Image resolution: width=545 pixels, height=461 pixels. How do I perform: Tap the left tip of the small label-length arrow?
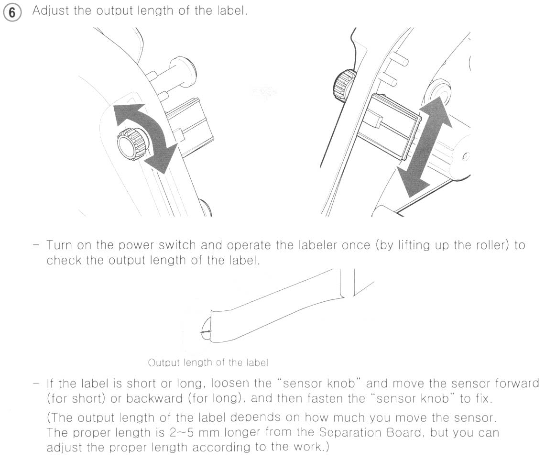pyautogui.click(x=201, y=333)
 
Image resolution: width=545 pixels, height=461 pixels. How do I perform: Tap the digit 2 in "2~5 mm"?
pyautogui.click(x=174, y=433)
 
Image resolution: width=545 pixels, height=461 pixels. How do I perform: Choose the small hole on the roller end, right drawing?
pyautogui.click(x=465, y=157)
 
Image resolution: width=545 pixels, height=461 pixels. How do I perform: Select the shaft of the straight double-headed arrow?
pyautogui.click(x=425, y=147)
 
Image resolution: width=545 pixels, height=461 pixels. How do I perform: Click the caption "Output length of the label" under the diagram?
pyautogui.click(x=208, y=362)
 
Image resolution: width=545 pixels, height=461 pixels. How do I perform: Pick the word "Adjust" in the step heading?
pyautogui.click(x=51, y=11)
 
